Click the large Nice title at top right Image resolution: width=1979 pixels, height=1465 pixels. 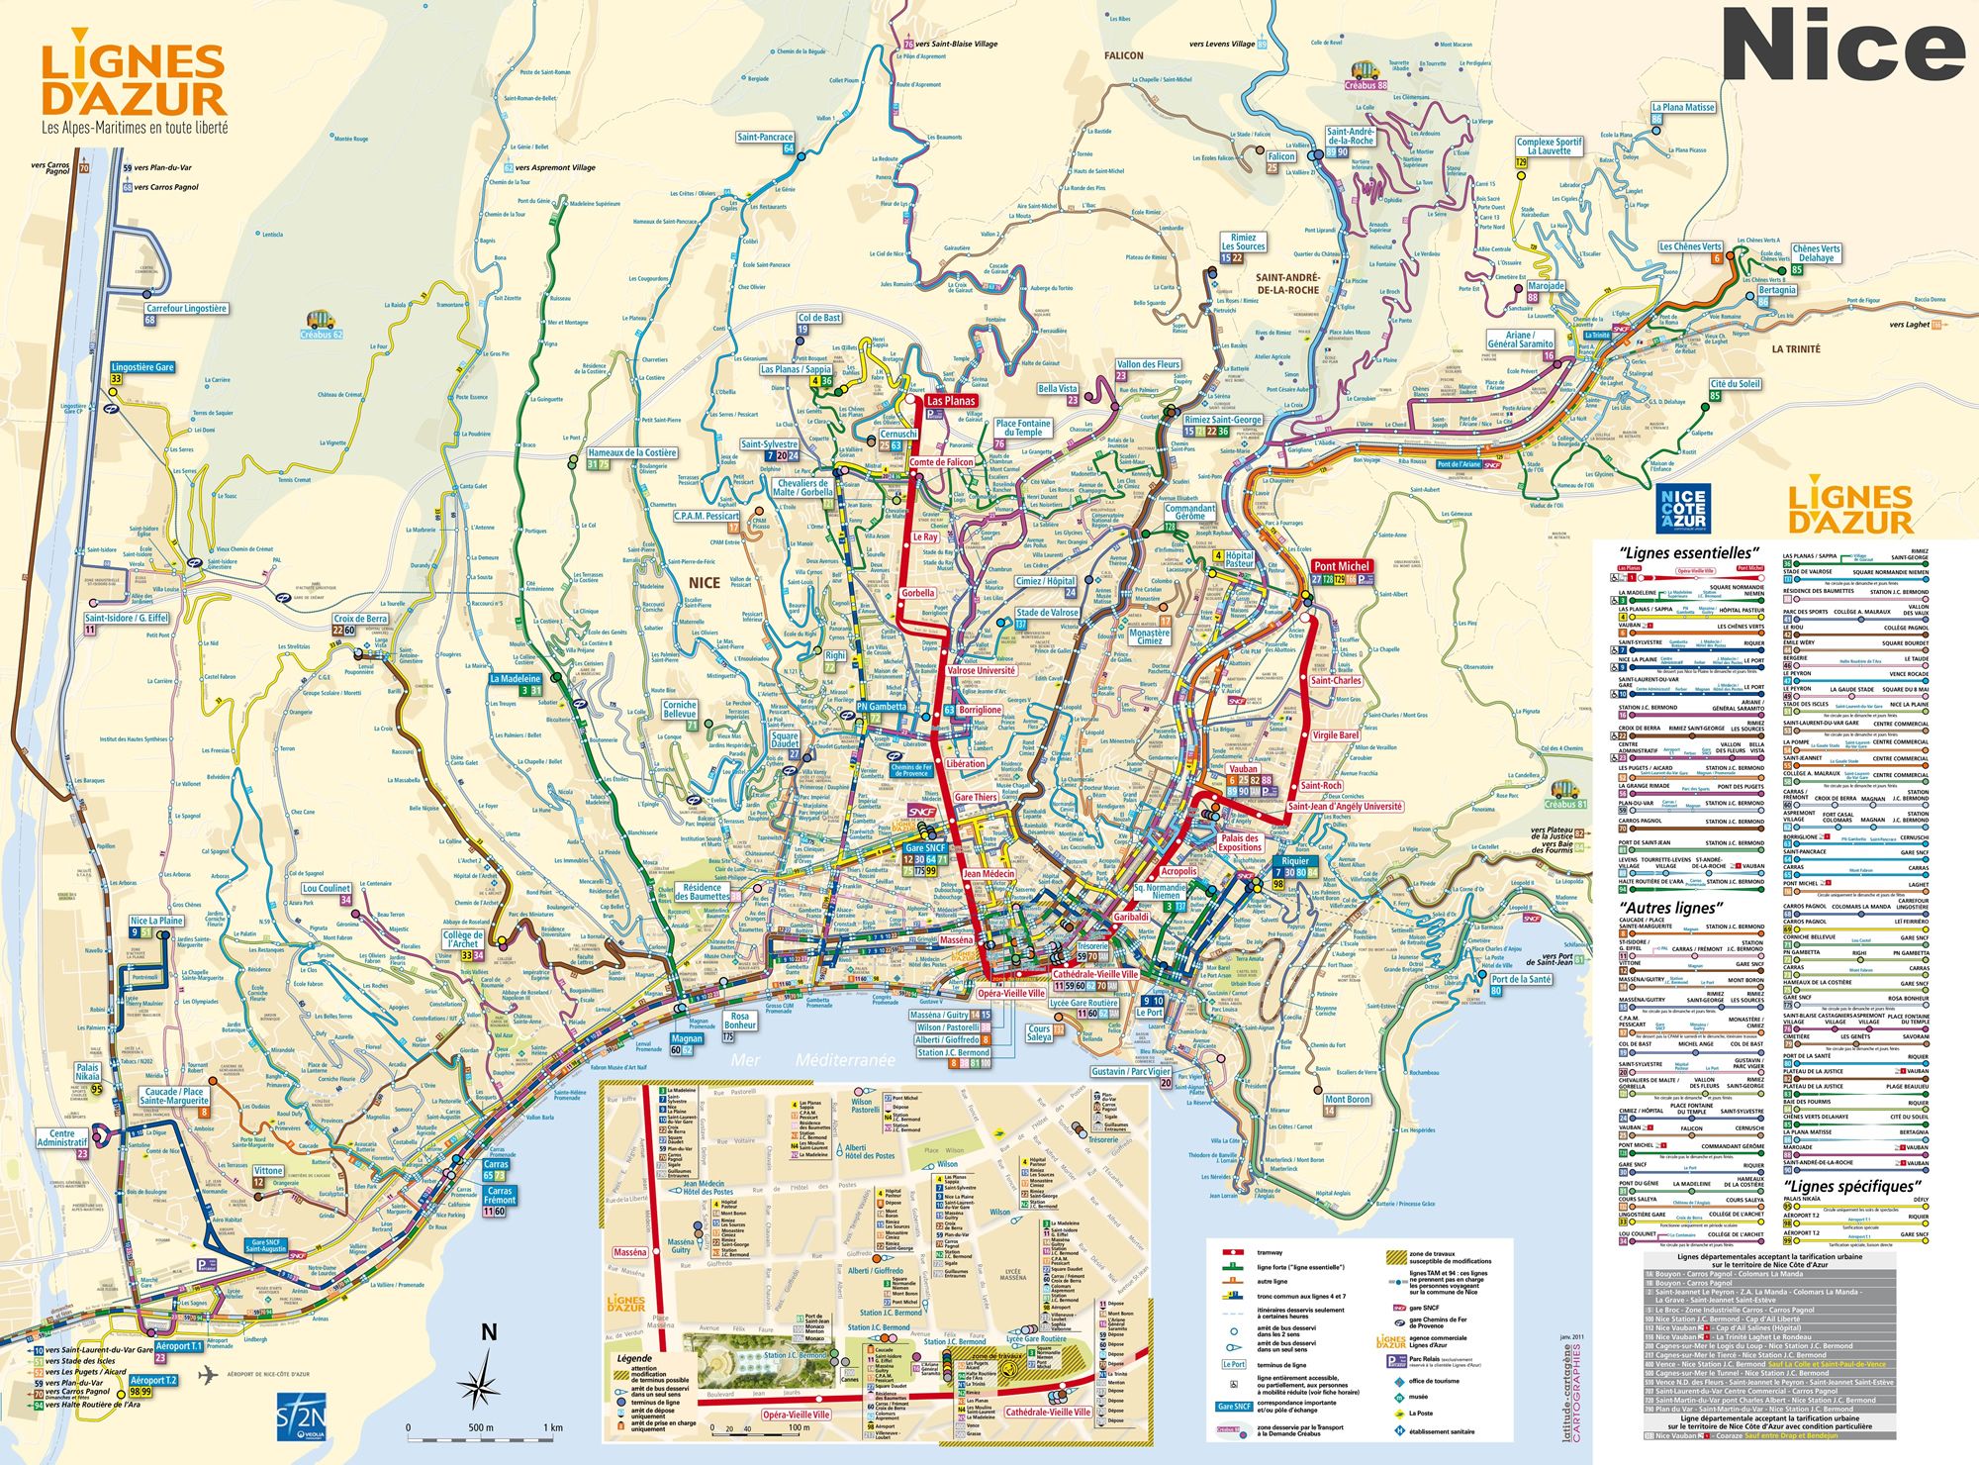[1842, 46]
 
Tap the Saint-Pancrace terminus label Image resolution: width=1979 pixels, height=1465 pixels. [765, 138]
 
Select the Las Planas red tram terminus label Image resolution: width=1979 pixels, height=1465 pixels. [951, 401]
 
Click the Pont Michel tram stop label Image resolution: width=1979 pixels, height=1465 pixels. [1342, 566]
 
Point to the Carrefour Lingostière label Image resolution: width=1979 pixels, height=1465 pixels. [186, 309]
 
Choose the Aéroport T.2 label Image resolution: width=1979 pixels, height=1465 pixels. [153, 1380]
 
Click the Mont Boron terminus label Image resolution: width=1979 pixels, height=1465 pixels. [1347, 1100]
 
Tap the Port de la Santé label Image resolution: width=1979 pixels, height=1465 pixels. [1521, 979]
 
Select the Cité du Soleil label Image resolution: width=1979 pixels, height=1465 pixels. [1736, 384]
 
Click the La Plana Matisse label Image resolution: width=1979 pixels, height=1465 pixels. [1683, 107]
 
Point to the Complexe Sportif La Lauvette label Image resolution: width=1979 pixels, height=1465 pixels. [1549, 146]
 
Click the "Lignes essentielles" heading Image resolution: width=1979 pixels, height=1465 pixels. [1688, 552]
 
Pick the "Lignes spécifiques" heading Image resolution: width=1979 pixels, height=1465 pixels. [1852, 1186]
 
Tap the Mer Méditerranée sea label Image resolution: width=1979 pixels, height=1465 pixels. [812, 1059]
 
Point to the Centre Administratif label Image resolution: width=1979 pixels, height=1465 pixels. [62, 1137]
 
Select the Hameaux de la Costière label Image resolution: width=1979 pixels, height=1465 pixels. [632, 452]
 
